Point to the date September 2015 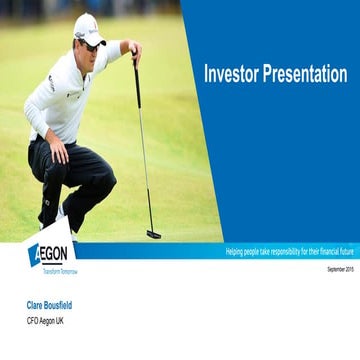point(339,270)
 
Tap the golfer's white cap point(88,28)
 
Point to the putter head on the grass point(153,234)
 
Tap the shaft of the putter point(142,150)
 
